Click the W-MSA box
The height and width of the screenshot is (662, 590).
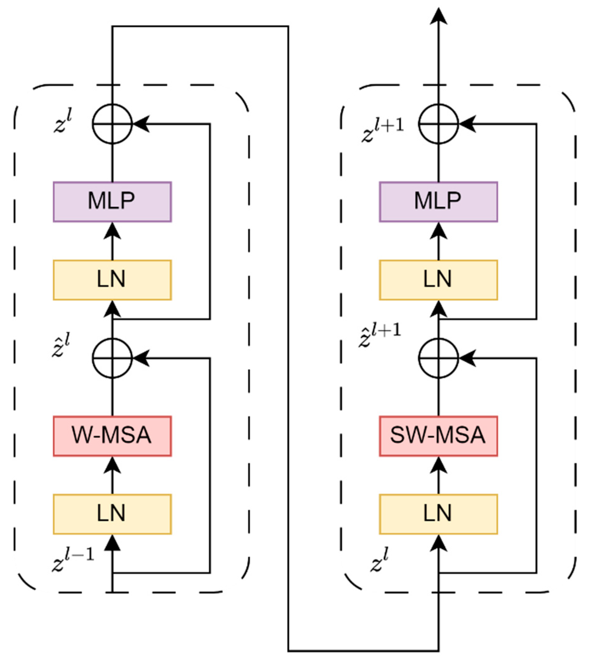pyautogui.click(x=112, y=436)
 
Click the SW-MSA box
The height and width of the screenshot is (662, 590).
pyautogui.click(x=438, y=436)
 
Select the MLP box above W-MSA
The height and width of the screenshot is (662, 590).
pyautogui.click(x=112, y=202)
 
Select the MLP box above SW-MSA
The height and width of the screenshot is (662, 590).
pyautogui.click(x=438, y=202)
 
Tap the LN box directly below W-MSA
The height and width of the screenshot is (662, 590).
pyautogui.click(x=112, y=514)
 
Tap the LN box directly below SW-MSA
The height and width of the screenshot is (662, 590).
pyautogui.click(x=438, y=514)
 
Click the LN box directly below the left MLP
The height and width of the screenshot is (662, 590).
pyautogui.click(x=112, y=280)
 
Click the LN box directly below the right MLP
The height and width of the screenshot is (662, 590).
pyautogui.click(x=438, y=280)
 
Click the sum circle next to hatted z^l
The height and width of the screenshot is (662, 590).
pyautogui.click(x=112, y=358)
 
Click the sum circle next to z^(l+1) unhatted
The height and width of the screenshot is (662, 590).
pyautogui.click(x=438, y=123)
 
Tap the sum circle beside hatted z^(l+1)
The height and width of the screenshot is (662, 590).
pyautogui.click(x=438, y=358)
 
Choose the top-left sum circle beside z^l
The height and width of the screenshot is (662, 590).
pyautogui.click(x=112, y=123)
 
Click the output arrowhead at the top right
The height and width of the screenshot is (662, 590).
pyautogui.click(x=438, y=16)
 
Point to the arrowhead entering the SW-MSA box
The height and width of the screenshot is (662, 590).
pyautogui.click(x=438, y=464)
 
